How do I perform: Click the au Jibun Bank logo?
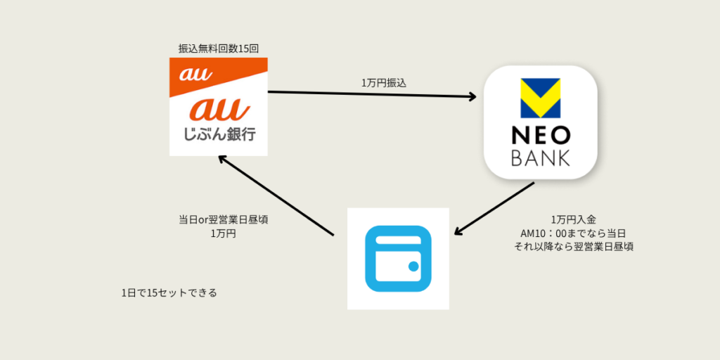coord(219,107)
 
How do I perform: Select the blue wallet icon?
coord(398,258)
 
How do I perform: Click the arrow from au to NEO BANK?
coord(371,95)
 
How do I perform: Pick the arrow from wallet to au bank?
coord(275,195)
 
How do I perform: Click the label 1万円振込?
coord(384,82)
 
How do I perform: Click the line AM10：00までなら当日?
coord(574,233)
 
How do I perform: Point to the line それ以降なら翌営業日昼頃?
coord(574,247)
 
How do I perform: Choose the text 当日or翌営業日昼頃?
coord(223,219)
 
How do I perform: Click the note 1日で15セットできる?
coord(169,292)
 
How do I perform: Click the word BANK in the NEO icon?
coord(541,159)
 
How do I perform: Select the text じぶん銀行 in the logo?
coord(218,134)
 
